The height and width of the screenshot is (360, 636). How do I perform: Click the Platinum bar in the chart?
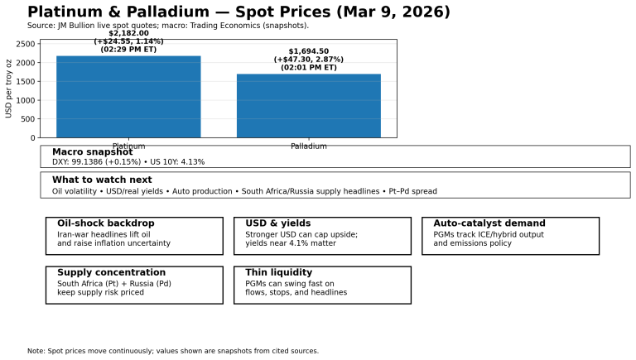pos(128,97)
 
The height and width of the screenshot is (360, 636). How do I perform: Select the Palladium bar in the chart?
pos(308,106)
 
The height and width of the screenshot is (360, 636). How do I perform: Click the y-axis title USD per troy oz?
pos(10,89)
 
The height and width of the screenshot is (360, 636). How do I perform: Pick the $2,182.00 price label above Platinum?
pos(128,33)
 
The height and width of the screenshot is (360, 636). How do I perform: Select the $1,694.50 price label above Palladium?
pos(308,51)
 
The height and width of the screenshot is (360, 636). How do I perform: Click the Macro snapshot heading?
pos(92,152)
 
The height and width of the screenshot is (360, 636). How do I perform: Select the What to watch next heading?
pos(102,180)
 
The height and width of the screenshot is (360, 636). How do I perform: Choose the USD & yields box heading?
pos(277,223)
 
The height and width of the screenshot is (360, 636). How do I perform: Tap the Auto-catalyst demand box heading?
pos(489,223)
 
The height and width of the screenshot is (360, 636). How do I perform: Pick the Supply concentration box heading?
pos(111,272)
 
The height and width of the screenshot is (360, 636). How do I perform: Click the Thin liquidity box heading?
pos(278,272)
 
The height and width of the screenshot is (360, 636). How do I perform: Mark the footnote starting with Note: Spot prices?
pos(172,351)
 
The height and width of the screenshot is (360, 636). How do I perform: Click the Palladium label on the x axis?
pos(308,146)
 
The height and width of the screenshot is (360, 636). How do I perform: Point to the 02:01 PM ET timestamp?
pos(308,68)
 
